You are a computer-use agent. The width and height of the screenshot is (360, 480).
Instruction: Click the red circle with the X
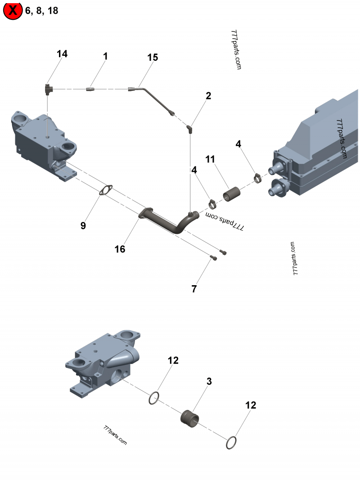coord(13,10)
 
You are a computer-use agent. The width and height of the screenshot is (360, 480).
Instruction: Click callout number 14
coord(62,54)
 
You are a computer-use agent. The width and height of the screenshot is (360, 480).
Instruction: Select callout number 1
coord(106,57)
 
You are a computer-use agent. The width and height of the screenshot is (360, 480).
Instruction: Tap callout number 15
coord(153,57)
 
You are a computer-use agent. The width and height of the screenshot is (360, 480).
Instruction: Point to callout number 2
coord(208,95)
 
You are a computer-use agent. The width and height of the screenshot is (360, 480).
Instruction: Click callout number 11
coord(210,159)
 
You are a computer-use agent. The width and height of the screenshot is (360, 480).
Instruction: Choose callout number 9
coord(83,226)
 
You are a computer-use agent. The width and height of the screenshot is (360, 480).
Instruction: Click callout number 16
coord(120,249)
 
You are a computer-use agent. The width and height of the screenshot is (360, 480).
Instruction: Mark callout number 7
coord(194,289)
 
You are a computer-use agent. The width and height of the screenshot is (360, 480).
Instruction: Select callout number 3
coord(209,381)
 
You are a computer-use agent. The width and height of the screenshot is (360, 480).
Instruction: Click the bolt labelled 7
coord(214,258)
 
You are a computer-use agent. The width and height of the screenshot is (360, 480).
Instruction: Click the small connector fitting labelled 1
coord(90,89)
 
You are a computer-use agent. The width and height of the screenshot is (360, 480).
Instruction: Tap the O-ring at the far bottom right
coord(231,443)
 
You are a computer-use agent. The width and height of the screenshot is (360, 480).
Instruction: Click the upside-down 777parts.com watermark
coord(225,221)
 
